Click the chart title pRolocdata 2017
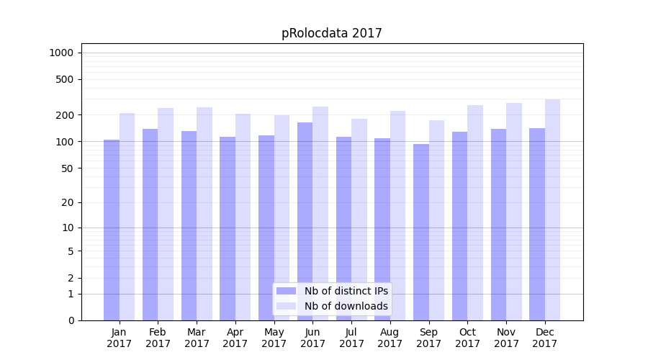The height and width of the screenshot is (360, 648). pyautogui.click(x=331, y=33)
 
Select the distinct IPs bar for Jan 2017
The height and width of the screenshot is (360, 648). pyautogui.click(x=112, y=230)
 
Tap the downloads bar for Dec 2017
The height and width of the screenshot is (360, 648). pyautogui.click(x=553, y=210)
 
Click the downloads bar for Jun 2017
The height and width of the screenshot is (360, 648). pyautogui.click(x=320, y=213)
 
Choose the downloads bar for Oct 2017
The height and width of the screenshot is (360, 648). pyautogui.click(x=475, y=212)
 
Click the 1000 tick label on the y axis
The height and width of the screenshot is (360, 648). pyautogui.click(x=61, y=53)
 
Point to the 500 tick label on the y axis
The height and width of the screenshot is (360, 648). pyautogui.click(x=65, y=79)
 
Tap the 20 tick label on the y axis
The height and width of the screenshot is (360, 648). pyautogui.click(x=68, y=202)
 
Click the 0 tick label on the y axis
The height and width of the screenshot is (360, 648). pyautogui.click(x=71, y=320)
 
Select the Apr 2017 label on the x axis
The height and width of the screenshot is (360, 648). pyautogui.click(x=235, y=338)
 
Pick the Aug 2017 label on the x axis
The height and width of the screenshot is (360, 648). pyautogui.click(x=390, y=338)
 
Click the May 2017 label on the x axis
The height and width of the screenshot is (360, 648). pyautogui.click(x=274, y=338)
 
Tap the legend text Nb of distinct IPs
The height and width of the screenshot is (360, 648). pyautogui.click(x=346, y=291)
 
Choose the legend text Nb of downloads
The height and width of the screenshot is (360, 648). pyautogui.click(x=346, y=306)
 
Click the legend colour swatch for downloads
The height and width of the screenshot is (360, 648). pyautogui.click(x=287, y=306)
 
